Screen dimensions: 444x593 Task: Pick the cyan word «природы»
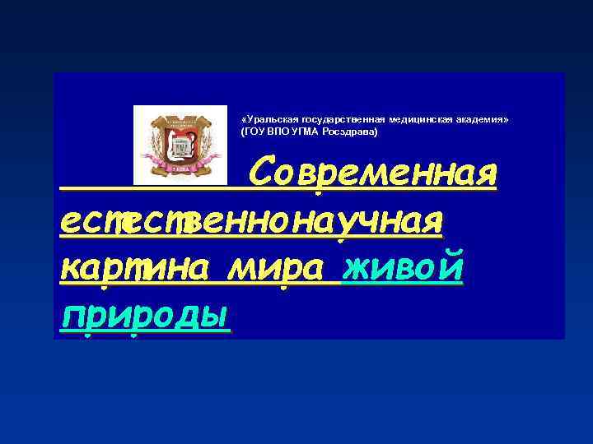pyautogui.click(x=145, y=314)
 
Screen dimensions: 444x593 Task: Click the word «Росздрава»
pyautogui.click(x=350, y=132)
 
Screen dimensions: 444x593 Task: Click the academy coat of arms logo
pyautogui.click(x=180, y=145)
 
